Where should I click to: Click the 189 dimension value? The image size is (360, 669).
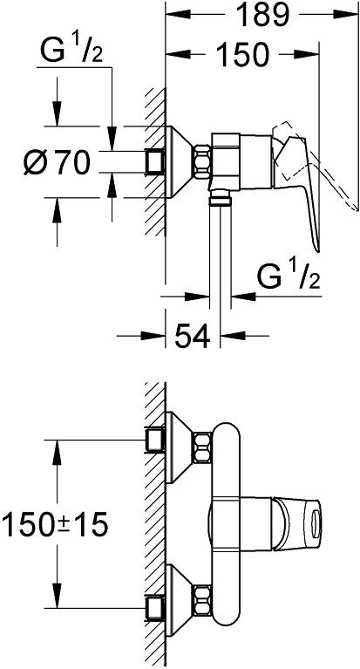coord(262,15)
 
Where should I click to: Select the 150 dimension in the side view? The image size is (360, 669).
coord(242,54)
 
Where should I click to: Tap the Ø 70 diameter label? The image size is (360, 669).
coord(58,162)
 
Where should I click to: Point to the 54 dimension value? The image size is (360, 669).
coord(192,336)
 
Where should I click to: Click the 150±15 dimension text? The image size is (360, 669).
coord(55,524)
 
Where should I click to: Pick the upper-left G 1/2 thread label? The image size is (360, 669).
coord(71,51)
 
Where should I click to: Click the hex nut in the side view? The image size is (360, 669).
coord(202,162)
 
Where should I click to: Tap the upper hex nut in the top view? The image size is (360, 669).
coord(202,447)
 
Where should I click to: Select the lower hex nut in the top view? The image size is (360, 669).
coord(202,601)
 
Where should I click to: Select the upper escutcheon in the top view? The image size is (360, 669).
coord(180,447)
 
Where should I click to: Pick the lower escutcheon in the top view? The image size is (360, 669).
coord(180,601)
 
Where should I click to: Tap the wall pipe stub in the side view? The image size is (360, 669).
coord(155,162)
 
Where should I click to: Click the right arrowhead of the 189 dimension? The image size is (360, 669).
coord(345,15)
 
